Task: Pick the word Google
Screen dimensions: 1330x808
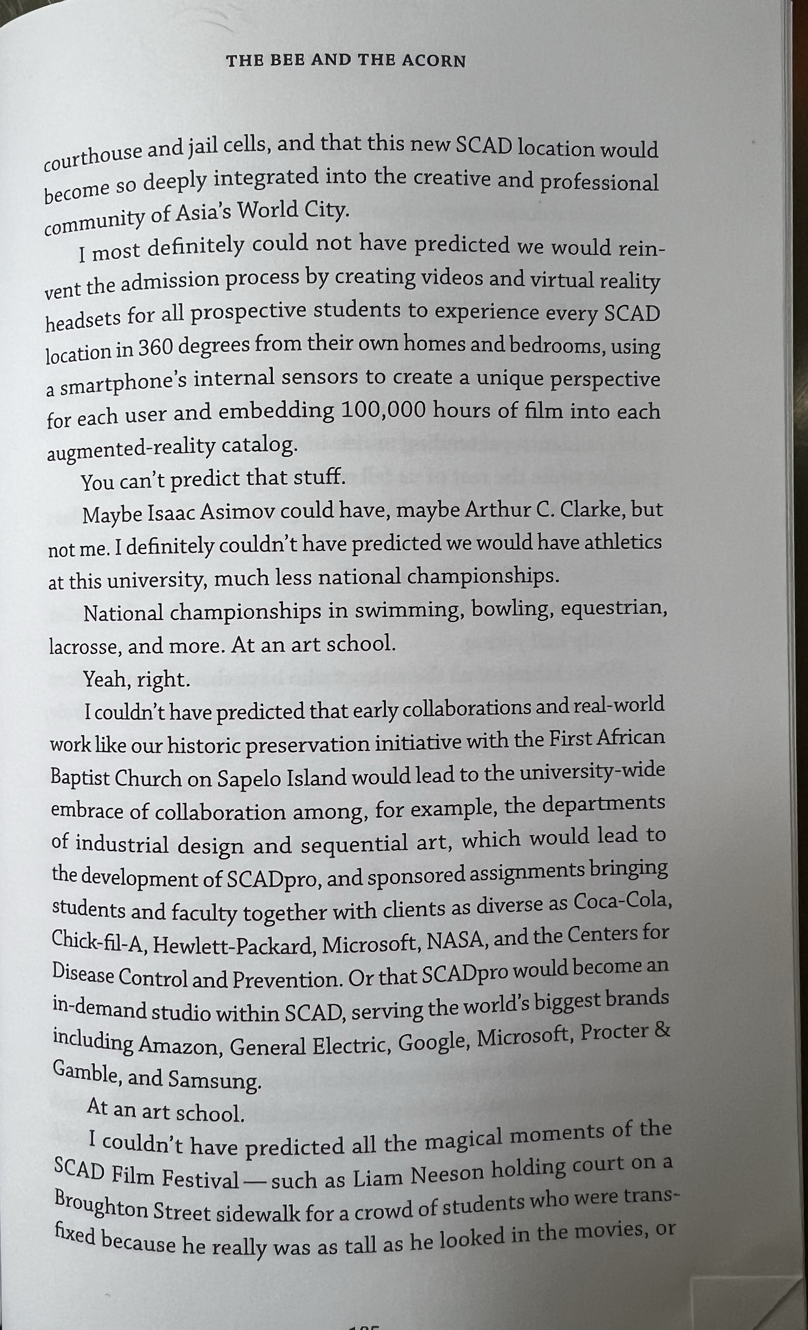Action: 432,1041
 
